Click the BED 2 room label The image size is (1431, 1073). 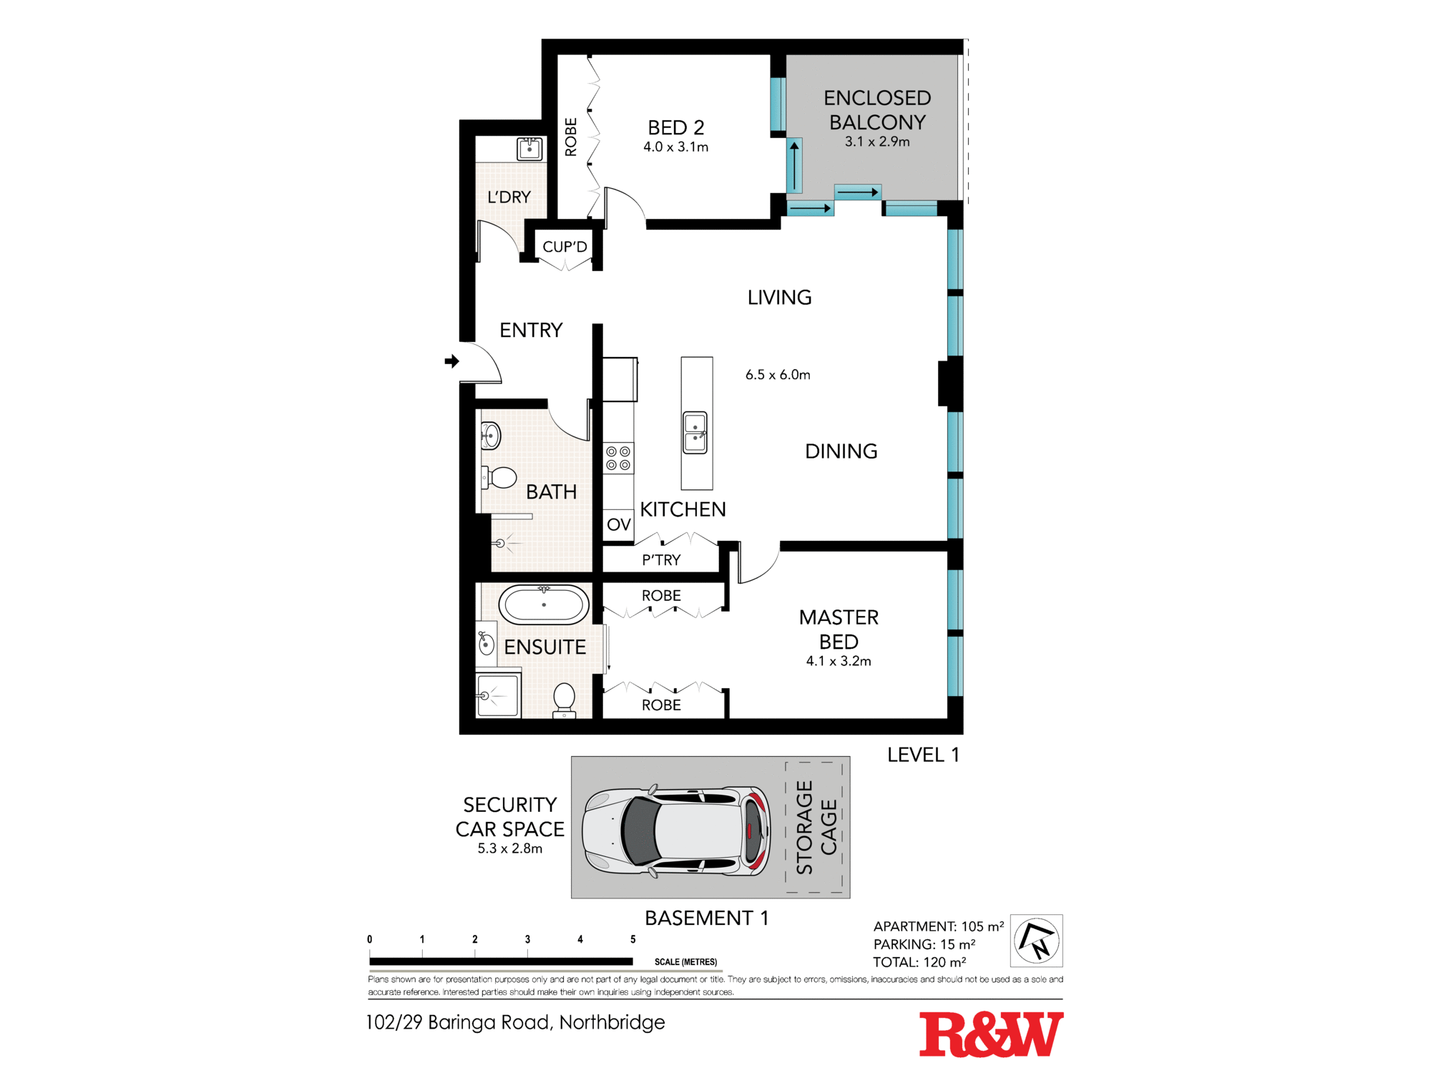click(x=676, y=127)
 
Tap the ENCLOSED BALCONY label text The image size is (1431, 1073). click(x=877, y=109)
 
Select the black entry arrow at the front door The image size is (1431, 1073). click(x=451, y=361)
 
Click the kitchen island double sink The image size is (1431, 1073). click(x=695, y=432)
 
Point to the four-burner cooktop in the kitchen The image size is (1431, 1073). click(x=618, y=459)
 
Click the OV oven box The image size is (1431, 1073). click(x=619, y=524)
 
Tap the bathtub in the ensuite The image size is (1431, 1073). click(x=544, y=604)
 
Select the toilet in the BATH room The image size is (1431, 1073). click(x=499, y=477)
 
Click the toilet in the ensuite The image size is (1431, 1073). click(x=565, y=700)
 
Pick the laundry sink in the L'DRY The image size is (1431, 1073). click(x=529, y=150)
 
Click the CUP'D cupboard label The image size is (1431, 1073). click(x=565, y=247)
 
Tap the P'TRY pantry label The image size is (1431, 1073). click(x=661, y=560)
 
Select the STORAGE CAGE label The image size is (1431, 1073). click(x=816, y=828)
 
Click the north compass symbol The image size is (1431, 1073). click(x=1037, y=941)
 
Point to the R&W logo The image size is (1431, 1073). click(x=991, y=1034)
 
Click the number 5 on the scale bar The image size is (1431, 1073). click(x=633, y=939)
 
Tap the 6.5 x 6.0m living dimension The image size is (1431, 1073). click(x=778, y=375)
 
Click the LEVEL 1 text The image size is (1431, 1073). click(x=923, y=755)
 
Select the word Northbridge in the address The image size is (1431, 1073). click(x=612, y=1023)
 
